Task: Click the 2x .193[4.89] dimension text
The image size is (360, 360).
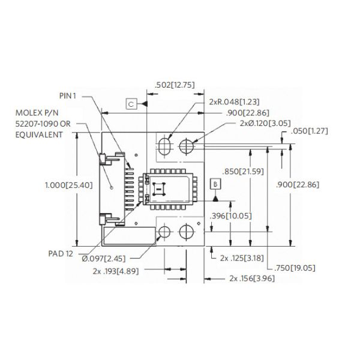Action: pos(117,271)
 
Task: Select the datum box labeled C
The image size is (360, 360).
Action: pos(133,104)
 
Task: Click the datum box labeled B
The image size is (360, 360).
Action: pos(215,184)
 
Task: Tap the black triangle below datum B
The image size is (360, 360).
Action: pos(215,197)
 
